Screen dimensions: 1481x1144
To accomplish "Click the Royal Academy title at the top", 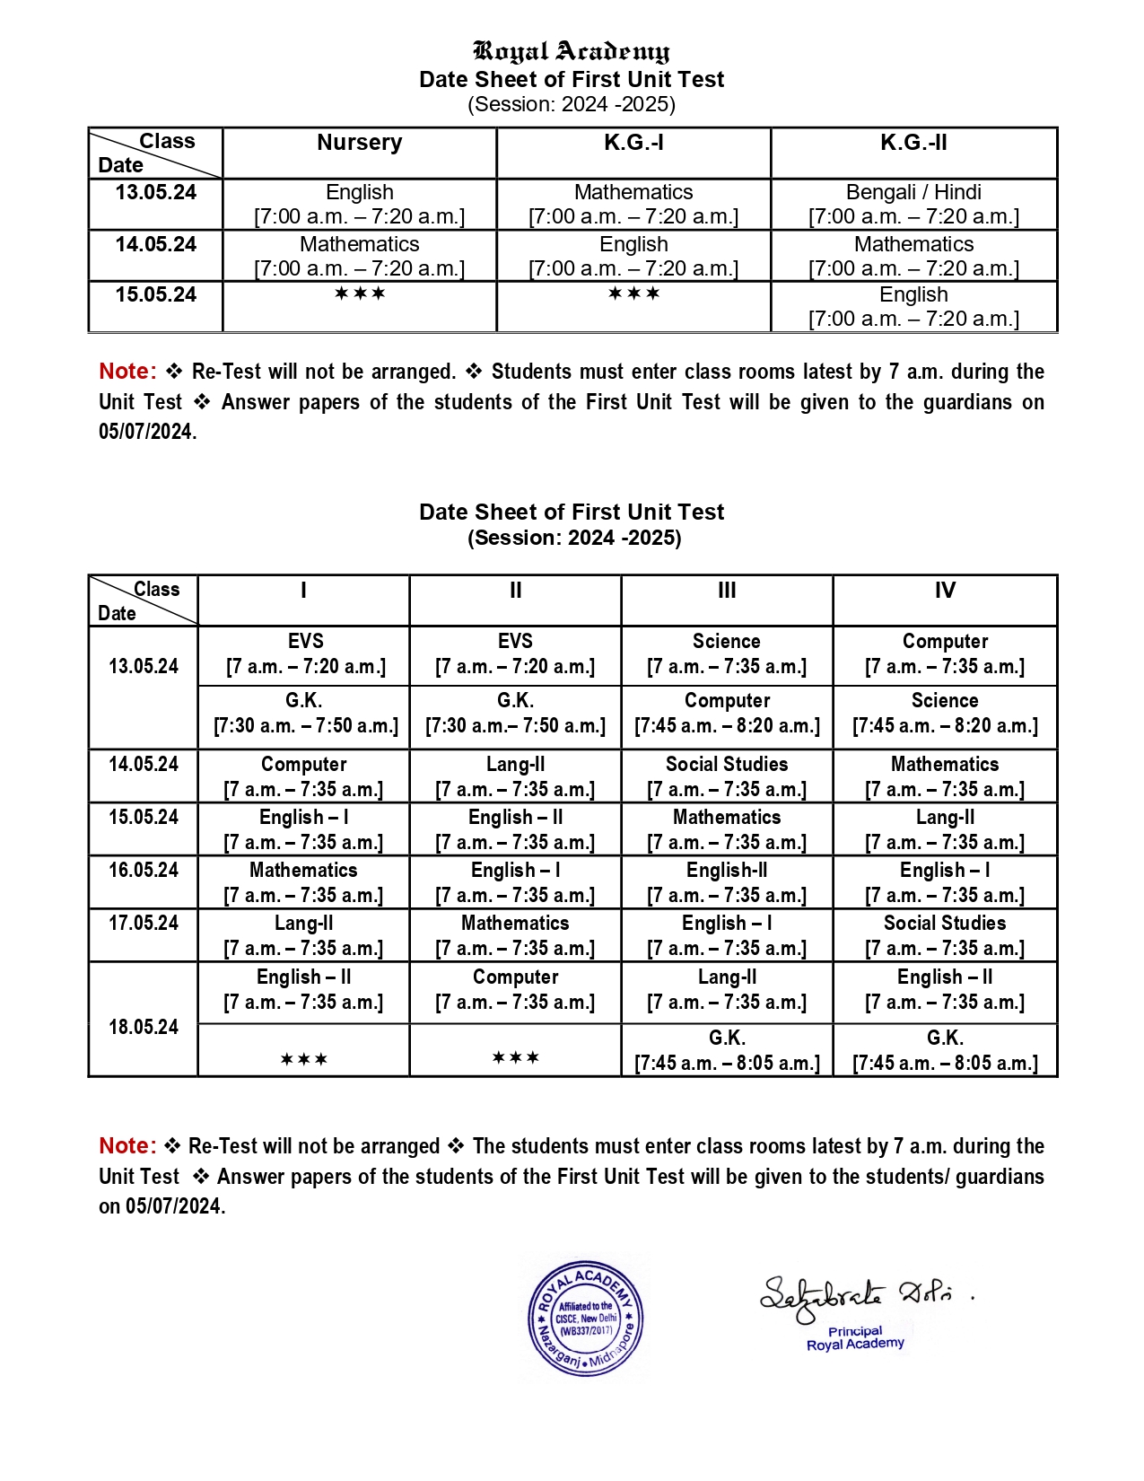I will tap(571, 51).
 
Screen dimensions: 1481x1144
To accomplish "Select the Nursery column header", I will tap(359, 143).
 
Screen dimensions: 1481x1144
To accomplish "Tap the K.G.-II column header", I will tap(913, 143).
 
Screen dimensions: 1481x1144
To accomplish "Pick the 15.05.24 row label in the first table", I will tap(155, 294).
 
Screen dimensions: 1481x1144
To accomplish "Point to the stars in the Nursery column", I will tap(359, 294).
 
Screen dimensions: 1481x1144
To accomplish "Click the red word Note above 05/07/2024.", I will tap(127, 371).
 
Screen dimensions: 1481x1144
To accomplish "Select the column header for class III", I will tap(727, 591).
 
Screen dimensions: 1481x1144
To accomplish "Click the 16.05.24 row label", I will tap(144, 870).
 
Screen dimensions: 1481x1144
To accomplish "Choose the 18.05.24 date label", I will tap(144, 1027).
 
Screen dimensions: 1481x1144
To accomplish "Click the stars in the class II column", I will tap(515, 1058).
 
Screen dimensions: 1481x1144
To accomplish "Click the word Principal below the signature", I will tap(855, 1331).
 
